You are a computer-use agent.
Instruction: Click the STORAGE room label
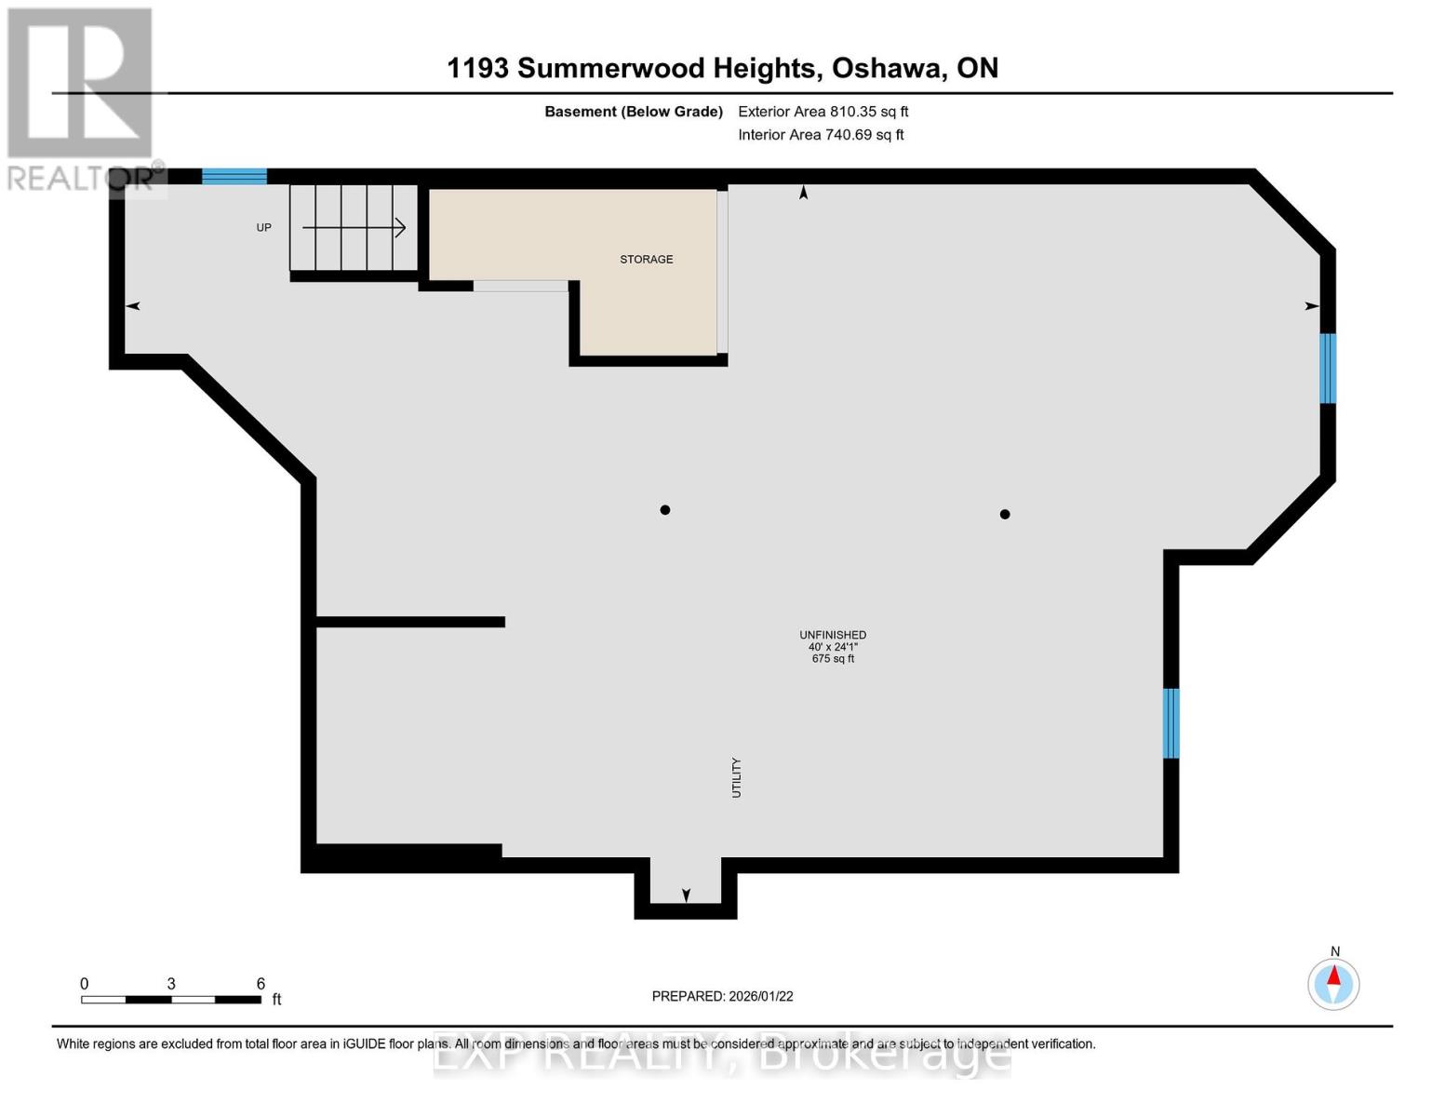point(646,260)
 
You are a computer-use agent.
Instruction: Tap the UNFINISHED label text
point(833,635)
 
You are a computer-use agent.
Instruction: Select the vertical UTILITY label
point(736,777)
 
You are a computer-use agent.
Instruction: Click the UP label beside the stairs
point(264,228)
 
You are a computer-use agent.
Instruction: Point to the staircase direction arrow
point(354,227)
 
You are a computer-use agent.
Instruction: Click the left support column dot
point(665,510)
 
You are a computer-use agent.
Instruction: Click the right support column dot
point(1005,514)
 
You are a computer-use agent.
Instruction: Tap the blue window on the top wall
point(234,176)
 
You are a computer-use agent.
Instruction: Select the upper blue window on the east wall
point(1328,368)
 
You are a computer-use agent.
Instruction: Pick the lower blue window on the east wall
point(1171,723)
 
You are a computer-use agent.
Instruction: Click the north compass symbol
point(1333,983)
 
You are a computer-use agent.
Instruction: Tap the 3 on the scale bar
point(171,984)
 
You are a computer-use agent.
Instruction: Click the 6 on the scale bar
point(261,984)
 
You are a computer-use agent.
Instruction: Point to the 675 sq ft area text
point(833,659)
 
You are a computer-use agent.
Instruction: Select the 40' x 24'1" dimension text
point(833,647)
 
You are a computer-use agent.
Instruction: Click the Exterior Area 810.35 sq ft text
point(823,112)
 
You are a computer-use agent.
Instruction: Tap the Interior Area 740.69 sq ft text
point(821,135)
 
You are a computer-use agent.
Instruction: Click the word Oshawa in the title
point(888,68)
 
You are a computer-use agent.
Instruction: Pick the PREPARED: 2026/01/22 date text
point(722,996)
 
